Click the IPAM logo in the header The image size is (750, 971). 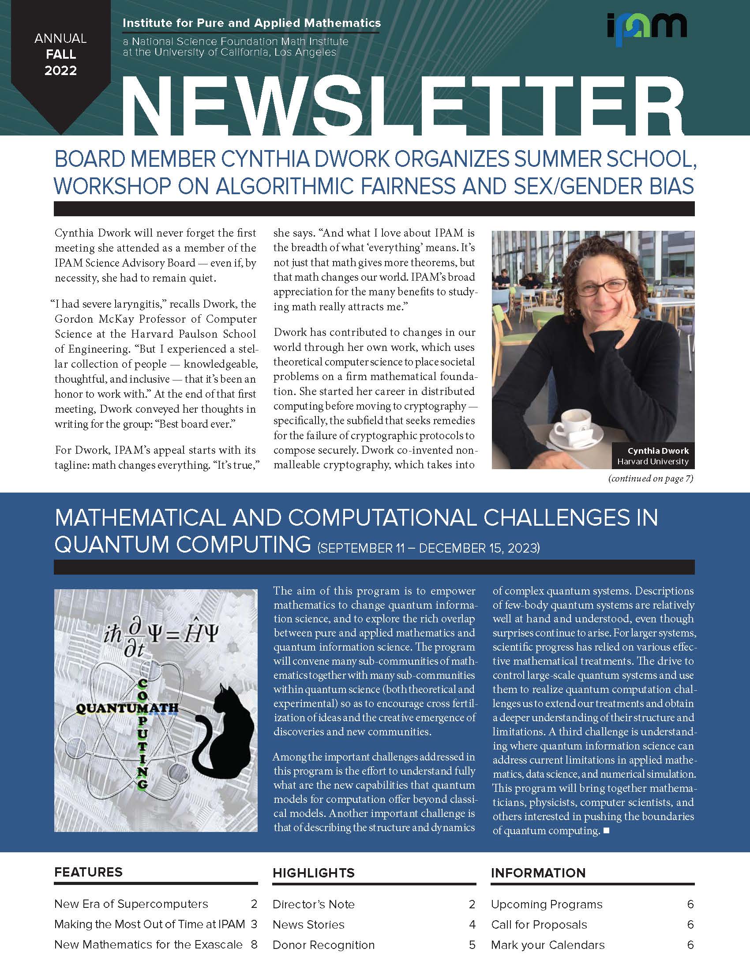(646, 29)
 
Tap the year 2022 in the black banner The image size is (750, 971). (60, 70)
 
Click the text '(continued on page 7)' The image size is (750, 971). (650, 478)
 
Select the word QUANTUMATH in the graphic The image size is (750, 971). (127, 708)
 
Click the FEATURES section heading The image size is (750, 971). (88, 872)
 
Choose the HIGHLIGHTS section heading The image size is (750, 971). (314, 873)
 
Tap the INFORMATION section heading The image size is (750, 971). (538, 873)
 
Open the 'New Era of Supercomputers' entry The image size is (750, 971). (131, 904)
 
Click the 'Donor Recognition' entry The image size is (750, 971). (323, 945)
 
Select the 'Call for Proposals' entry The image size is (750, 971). (539, 924)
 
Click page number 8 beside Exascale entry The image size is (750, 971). (254, 945)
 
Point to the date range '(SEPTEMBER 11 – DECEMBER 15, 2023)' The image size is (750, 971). (428, 548)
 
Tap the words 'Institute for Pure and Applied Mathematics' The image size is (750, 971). (251, 23)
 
